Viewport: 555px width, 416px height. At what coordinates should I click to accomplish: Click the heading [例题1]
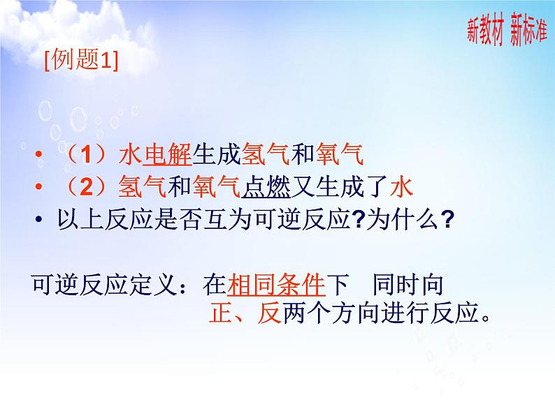80,61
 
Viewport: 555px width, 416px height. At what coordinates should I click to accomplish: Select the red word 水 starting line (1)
131,153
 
